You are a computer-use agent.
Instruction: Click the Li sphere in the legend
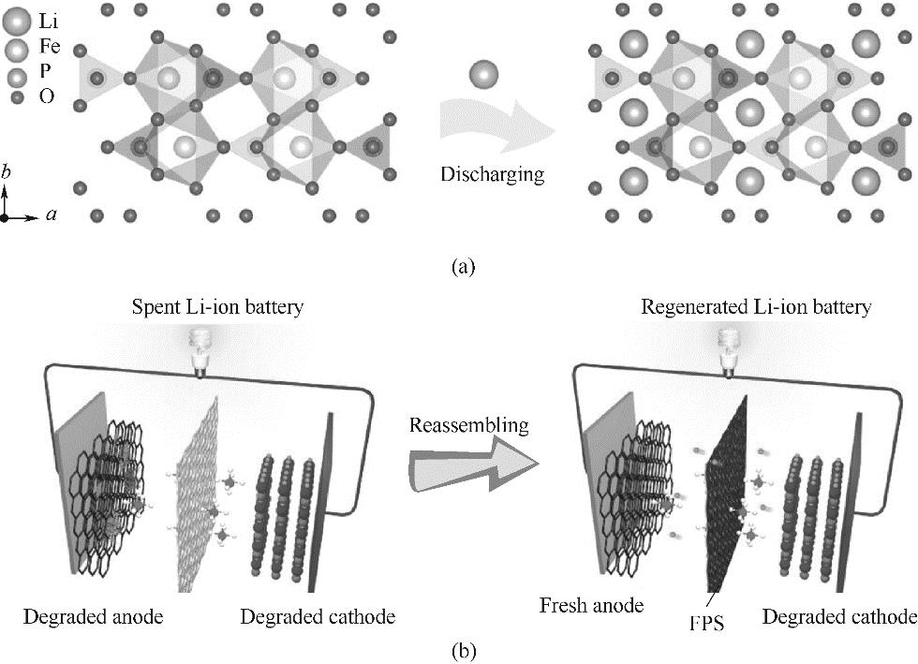click(17, 19)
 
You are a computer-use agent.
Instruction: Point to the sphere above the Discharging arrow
click(483, 75)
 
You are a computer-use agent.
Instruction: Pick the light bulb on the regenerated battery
click(729, 348)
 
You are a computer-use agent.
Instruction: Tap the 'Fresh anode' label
click(591, 605)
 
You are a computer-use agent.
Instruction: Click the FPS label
click(696, 620)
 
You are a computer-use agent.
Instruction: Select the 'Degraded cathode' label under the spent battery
click(317, 616)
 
